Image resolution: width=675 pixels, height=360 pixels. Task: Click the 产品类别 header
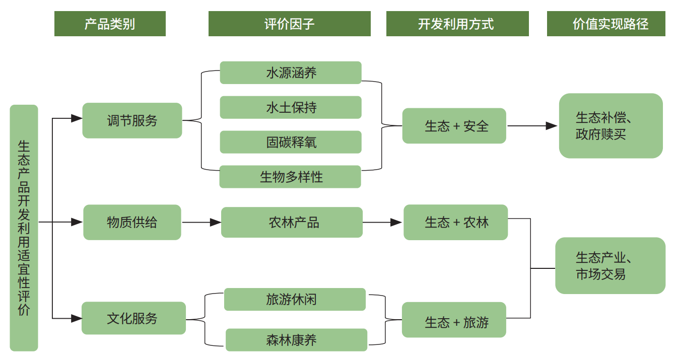tap(110, 24)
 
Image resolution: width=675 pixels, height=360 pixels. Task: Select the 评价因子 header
tap(290, 24)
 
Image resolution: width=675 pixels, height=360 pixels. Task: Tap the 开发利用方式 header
tap(457, 24)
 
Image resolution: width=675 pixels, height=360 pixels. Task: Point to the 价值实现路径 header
tap(606, 24)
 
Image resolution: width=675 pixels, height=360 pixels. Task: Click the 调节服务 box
tap(132, 120)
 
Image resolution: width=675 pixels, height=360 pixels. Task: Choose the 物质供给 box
tap(132, 223)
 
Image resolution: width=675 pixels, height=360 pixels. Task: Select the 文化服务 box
tap(134, 318)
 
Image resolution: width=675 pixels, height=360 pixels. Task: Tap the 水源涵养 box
tap(291, 73)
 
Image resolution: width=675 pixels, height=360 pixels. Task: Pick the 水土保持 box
tap(291, 107)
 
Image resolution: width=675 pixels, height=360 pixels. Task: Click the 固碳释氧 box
tap(291, 142)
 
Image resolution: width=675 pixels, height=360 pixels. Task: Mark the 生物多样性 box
tap(290, 177)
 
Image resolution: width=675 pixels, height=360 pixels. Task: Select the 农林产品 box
tap(292, 223)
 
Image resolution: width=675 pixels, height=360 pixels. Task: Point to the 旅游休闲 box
tap(295, 299)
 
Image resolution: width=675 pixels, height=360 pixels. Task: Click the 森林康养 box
tap(297, 340)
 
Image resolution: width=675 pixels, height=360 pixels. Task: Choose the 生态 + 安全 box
tap(454, 126)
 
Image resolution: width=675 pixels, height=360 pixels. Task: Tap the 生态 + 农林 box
tap(455, 223)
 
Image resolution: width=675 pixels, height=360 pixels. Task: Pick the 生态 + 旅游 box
tap(454, 320)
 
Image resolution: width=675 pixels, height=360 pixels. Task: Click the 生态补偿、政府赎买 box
tap(611, 126)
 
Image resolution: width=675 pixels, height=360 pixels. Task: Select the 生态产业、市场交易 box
tap(611, 265)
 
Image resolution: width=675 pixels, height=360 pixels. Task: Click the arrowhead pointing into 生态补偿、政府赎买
tap(552, 126)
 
